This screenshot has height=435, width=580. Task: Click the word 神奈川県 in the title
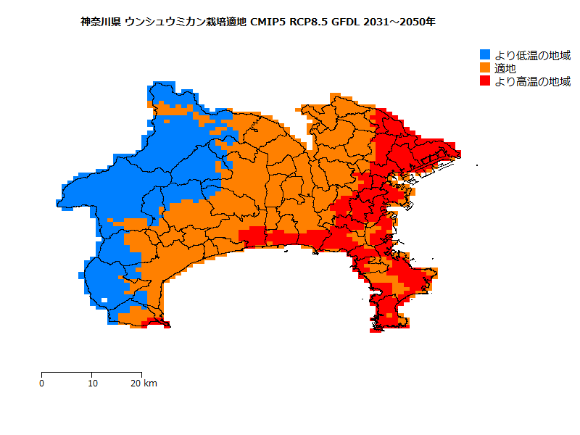[101, 22]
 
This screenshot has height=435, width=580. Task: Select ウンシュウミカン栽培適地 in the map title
[186, 22]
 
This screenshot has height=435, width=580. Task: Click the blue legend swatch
[486, 55]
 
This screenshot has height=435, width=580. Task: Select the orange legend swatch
[486, 68]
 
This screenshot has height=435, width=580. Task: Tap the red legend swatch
[486, 81]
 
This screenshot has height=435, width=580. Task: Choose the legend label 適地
[505, 68]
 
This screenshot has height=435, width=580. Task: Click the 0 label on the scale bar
[41, 383]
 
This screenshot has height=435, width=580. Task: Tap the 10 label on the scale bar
[92, 383]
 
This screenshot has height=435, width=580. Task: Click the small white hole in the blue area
[105, 299]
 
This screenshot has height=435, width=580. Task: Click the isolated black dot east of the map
[477, 165]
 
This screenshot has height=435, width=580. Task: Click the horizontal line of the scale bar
[91, 372]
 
